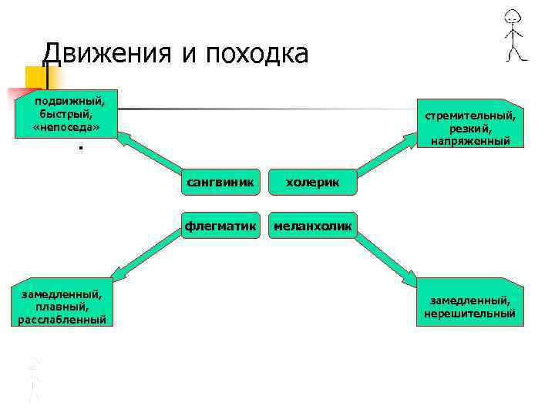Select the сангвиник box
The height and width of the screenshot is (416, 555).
(220, 181)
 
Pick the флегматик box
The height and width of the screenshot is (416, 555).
(220, 225)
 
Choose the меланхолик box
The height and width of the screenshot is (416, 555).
(313, 225)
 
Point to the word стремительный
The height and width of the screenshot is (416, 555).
(471, 115)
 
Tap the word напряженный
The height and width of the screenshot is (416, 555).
(471, 141)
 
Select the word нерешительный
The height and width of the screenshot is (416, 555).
(469, 314)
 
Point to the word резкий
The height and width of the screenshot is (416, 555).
(471, 128)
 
